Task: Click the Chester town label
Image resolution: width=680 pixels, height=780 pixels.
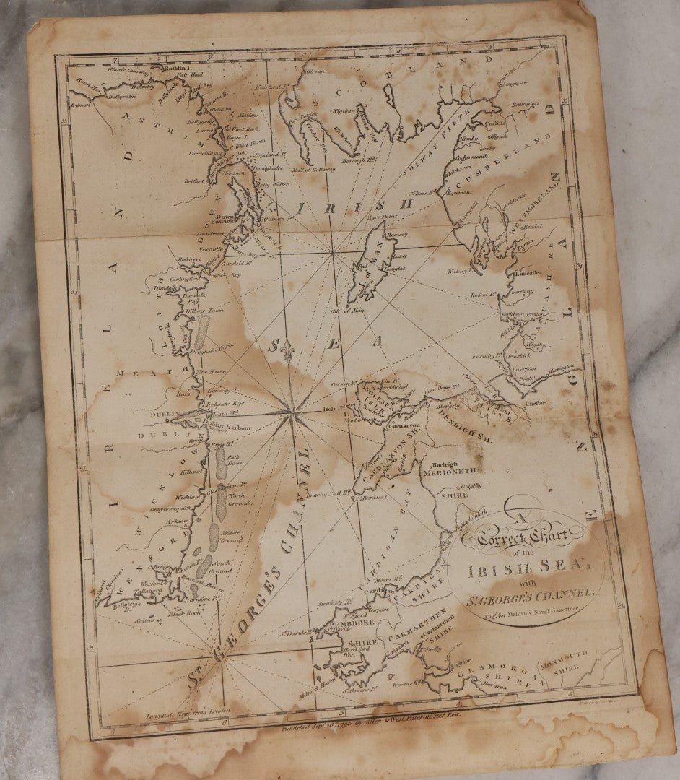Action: point(535,403)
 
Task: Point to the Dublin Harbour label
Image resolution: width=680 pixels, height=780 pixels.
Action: point(229,428)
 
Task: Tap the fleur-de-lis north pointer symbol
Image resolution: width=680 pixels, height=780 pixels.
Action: point(292,351)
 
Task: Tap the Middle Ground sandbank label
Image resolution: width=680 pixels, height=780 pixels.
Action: point(232,537)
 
